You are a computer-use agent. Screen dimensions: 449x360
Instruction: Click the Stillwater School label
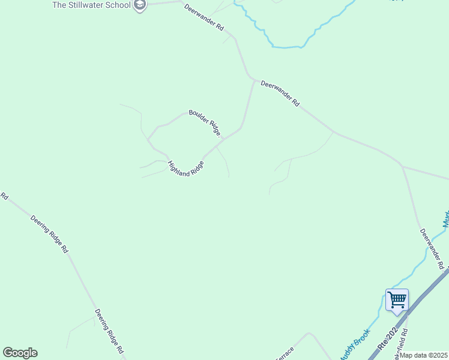pos(91,5)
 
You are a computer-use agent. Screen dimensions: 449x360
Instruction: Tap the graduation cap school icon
pos(140,5)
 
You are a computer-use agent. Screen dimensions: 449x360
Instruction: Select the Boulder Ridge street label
pos(206,122)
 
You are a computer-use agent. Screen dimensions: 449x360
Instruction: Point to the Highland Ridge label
pos(185,169)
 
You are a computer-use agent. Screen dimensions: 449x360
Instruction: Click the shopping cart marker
pos(397,299)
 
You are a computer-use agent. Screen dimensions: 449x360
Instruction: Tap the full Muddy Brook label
pos(356,346)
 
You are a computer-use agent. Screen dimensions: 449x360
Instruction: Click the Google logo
pos(20,353)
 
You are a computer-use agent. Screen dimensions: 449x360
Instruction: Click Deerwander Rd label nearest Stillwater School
pos(204,18)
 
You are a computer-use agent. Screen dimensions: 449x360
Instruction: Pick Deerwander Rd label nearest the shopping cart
pos(432,248)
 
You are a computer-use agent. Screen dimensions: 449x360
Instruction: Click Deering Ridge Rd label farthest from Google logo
pos(49,233)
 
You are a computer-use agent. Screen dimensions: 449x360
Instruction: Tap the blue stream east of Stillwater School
pos(282,46)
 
